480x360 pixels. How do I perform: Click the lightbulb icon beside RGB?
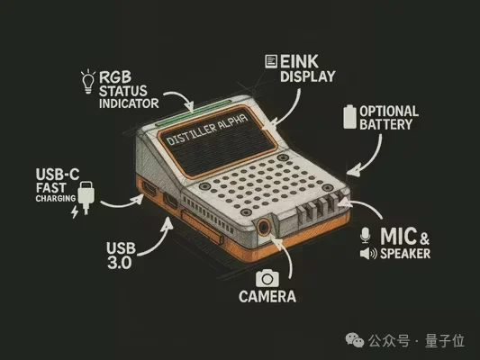(88, 79)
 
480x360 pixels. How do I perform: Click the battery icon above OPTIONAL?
(351, 115)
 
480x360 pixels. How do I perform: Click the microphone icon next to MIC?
(365, 235)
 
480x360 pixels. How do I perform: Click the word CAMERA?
(267, 295)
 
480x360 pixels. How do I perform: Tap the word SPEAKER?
(404, 254)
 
